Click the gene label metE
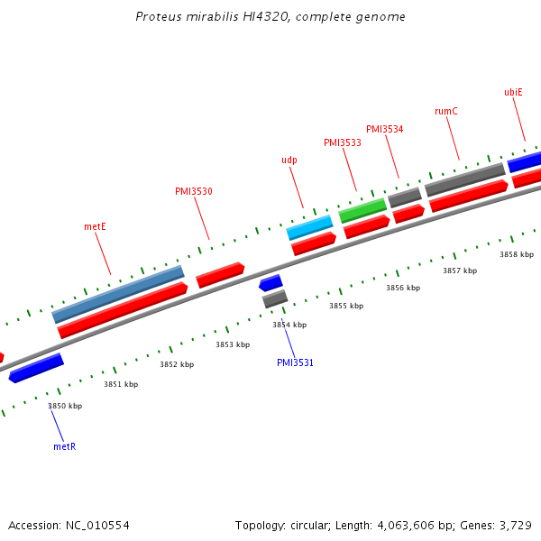point(96,226)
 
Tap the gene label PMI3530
point(194,191)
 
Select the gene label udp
point(289,160)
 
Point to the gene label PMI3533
point(343,142)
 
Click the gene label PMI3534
point(385,129)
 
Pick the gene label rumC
point(446,111)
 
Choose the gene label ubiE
point(513,92)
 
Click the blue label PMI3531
point(295,362)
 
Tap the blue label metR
point(64,446)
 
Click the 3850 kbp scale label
point(65,406)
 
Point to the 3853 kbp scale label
point(232,344)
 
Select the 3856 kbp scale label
point(403,288)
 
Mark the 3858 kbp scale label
point(517,254)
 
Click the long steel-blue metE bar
point(118,294)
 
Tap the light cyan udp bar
point(310,227)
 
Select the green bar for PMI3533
point(362,211)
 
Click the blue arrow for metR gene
point(36,368)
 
